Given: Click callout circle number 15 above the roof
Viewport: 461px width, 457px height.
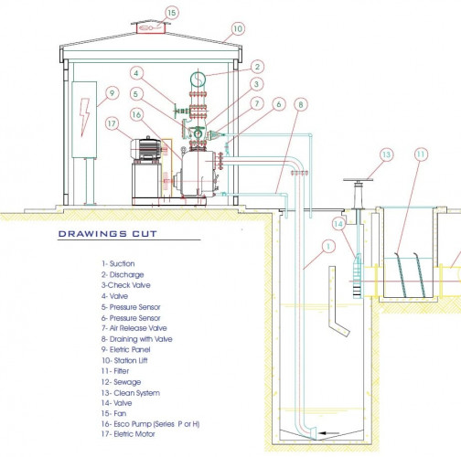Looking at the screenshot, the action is point(172,13).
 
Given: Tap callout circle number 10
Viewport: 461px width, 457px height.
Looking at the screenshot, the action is point(238,29).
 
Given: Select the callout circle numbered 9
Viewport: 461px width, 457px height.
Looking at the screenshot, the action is point(113,93).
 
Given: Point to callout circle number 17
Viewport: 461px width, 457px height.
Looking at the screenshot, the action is point(112,123).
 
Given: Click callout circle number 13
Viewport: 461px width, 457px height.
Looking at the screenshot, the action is point(386,154).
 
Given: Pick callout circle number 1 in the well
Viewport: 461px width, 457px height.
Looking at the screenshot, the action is point(328,247).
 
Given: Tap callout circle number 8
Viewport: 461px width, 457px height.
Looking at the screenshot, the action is point(301,104).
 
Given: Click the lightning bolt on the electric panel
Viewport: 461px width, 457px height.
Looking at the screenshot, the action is point(84,117).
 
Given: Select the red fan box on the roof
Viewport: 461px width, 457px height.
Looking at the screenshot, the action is point(151,28).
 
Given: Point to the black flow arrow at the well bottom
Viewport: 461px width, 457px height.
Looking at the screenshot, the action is point(328,433).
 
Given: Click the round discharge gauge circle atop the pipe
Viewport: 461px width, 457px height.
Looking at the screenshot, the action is point(198,80).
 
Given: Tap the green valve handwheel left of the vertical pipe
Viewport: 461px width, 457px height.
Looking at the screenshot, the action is point(176,112).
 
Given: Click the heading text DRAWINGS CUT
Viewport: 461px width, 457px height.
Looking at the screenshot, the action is point(108,234).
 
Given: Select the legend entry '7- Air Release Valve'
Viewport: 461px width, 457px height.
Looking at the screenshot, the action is point(134,328).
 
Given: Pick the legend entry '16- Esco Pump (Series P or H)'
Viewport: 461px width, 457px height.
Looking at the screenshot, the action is point(150,424).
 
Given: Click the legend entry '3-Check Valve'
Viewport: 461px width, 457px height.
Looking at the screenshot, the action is point(126,285).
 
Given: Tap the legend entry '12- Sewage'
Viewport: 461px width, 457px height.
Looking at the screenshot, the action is point(121,382).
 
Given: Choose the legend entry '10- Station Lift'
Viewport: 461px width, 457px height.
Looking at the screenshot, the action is point(124,360).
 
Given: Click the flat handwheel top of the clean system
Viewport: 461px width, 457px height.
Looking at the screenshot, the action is point(358,180).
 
